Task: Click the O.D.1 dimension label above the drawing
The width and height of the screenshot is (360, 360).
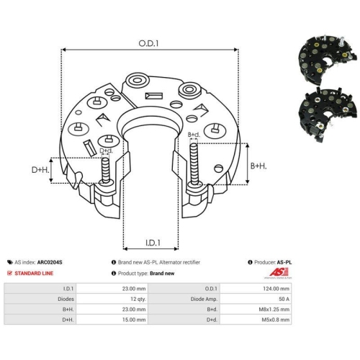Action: (148, 43)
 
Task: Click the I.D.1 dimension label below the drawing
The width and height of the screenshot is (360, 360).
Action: (153, 243)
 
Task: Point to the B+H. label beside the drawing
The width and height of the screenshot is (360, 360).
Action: (258, 166)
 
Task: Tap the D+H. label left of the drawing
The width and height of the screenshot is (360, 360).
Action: (40, 170)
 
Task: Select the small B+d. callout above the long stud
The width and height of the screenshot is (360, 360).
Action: (194, 135)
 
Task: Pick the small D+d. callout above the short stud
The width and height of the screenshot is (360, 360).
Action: (106, 150)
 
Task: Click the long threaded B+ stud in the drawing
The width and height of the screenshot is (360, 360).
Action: (194, 164)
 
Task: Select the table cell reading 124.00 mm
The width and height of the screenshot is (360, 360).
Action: (256, 289)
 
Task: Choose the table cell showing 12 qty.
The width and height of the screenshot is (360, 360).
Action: (112, 299)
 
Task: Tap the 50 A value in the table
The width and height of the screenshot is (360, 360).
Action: (256, 299)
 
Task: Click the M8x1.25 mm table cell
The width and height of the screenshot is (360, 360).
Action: (256, 310)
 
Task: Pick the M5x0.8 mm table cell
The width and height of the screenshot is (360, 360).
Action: (256, 320)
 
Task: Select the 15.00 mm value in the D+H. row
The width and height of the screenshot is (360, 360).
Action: (112, 320)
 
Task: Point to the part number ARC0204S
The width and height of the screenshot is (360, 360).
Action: (50, 262)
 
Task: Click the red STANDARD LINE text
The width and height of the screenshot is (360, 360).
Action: (34, 274)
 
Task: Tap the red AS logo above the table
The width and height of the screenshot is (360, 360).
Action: (279, 272)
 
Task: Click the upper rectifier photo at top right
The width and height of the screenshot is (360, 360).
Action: (327, 59)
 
